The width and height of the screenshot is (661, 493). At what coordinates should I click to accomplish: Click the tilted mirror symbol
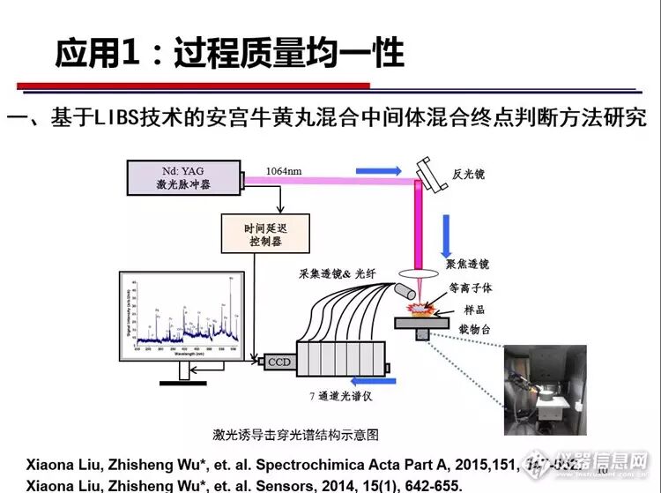tap(430, 171)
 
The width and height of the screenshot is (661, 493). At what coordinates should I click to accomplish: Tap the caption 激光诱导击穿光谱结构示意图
tap(296, 434)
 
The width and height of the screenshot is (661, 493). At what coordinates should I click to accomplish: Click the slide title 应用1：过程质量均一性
tap(229, 54)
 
